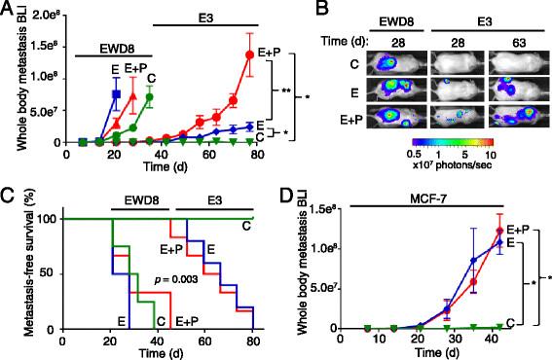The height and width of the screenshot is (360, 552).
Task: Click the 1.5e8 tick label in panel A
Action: coord(42,44)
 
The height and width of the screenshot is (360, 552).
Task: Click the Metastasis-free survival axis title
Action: coord(13,272)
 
